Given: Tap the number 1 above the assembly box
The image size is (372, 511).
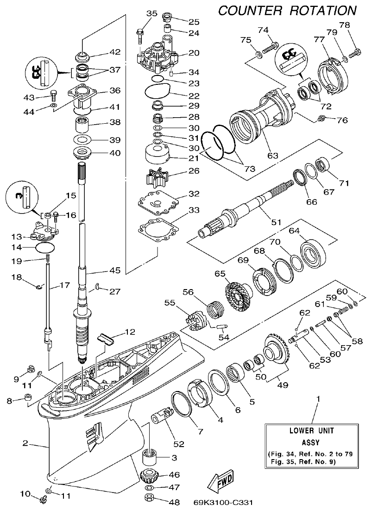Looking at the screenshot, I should click(318, 398).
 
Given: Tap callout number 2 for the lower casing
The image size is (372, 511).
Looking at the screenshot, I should click(26, 443).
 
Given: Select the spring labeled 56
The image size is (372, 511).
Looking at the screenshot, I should click(215, 308).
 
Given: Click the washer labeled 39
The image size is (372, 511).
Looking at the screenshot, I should click(83, 140).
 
